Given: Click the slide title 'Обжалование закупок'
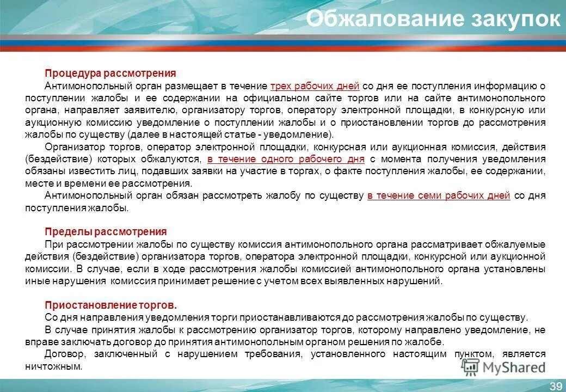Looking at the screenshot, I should click(433, 20).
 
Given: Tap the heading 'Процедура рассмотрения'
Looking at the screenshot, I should click(110, 73).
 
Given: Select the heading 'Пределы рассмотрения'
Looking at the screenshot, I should click(106, 231).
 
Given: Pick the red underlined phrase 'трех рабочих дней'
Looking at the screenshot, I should click(315, 86).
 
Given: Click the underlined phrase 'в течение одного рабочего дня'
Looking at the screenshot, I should click(286, 159).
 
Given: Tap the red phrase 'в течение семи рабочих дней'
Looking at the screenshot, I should click(439, 195).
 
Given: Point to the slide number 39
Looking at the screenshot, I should click(556, 386).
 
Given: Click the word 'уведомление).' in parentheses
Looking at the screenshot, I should click(307, 134).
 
